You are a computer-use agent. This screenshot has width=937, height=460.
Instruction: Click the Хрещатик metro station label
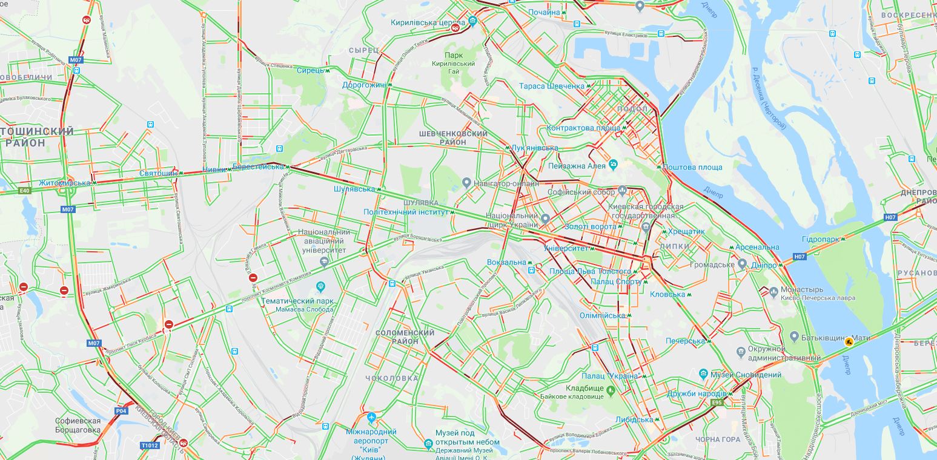pyautogui.click(x=686, y=232)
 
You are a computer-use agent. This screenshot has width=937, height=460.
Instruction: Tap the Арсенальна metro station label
pyautogui.click(x=757, y=247)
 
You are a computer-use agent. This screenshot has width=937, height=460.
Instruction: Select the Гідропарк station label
pyautogui.click(x=821, y=240)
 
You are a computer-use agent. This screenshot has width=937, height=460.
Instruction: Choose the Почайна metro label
pyautogui.click(x=544, y=12)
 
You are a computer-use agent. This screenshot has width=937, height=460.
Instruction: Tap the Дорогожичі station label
pyautogui.click(x=363, y=85)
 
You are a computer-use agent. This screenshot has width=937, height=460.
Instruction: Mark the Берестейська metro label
pyautogui.click(x=258, y=166)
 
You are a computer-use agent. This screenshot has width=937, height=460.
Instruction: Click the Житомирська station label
pyautogui.click(x=64, y=183)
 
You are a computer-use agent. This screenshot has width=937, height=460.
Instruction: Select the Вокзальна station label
pyautogui.click(x=506, y=262)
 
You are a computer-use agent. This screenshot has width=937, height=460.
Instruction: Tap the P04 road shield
pyautogui.click(x=122, y=411)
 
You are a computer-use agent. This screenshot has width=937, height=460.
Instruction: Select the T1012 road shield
pyautogui.click(x=149, y=445)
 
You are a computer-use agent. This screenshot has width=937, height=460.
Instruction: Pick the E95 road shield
pyautogui.click(x=717, y=402)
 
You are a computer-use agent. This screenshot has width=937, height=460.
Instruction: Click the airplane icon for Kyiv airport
pyautogui.click(x=371, y=418)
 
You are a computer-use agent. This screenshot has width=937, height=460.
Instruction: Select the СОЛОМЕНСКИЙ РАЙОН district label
pyautogui.click(x=405, y=337)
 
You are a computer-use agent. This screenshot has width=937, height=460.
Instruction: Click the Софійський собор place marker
pyautogui.click(x=622, y=191)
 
